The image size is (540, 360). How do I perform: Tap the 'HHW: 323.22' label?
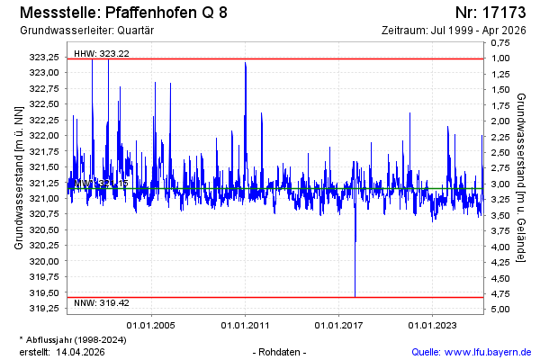(101, 53)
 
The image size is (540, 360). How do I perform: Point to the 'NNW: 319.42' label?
(101, 302)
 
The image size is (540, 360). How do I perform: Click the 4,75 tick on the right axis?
(500, 293)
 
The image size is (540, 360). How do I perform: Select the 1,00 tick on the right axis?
(500, 58)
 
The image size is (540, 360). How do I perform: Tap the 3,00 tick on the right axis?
(500, 184)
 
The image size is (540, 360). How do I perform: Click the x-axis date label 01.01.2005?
(151, 325)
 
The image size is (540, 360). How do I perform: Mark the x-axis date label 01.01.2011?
(245, 325)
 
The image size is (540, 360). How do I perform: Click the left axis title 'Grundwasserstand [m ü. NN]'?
(18, 177)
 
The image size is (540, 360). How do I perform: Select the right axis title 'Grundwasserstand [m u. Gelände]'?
(523, 177)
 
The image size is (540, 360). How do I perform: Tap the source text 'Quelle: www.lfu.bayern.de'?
(470, 351)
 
